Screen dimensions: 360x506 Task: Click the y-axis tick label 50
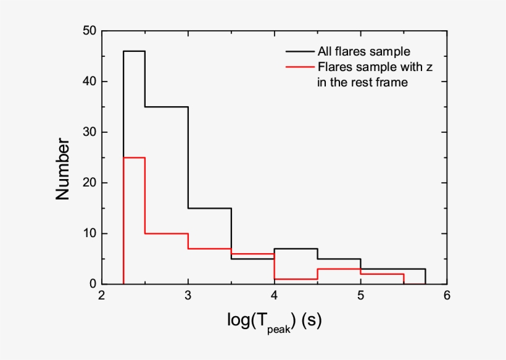pyautogui.click(x=88, y=31)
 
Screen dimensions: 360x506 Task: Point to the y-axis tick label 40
pyautogui.click(x=88, y=82)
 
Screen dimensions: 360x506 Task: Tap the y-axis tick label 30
pyautogui.click(x=88, y=132)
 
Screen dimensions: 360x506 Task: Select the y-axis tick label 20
pyautogui.click(x=88, y=183)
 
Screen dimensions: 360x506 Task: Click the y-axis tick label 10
pyautogui.click(x=88, y=233)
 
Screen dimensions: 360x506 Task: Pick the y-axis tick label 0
pyautogui.click(x=91, y=284)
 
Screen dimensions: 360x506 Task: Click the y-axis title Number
pyautogui.click(x=63, y=169)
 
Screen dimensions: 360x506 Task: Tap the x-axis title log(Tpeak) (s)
pyautogui.click(x=274, y=322)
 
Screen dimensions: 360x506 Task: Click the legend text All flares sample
pyautogui.click(x=363, y=51)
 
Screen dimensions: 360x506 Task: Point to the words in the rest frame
pyautogui.click(x=363, y=82)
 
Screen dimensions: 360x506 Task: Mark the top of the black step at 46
pyautogui.click(x=134, y=51)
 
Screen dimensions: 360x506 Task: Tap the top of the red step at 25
pyautogui.click(x=134, y=157)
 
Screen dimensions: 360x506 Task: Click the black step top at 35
pyautogui.click(x=167, y=107)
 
